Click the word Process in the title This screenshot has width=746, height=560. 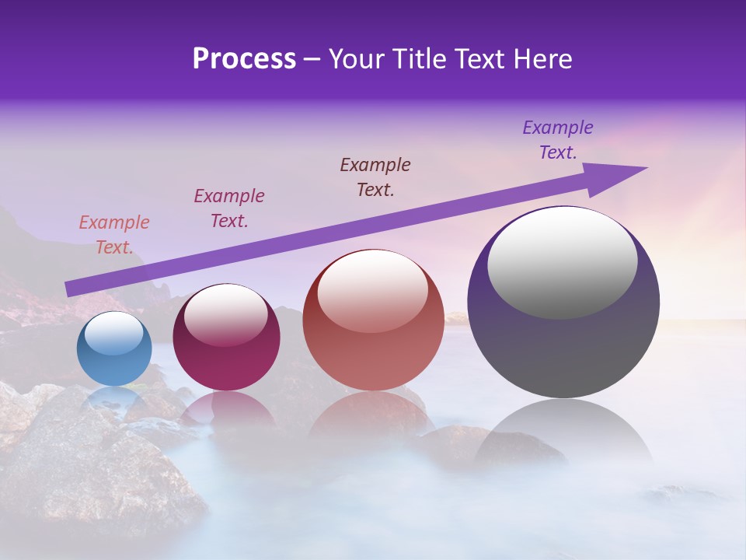click(244, 59)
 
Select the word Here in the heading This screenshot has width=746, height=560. click(541, 59)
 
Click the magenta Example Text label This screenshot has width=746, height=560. click(229, 208)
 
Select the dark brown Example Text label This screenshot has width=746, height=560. click(375, 177)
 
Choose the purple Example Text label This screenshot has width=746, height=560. click(558, 140)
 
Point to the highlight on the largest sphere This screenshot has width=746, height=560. click(563, 263)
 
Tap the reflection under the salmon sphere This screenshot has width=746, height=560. click(373, 416)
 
